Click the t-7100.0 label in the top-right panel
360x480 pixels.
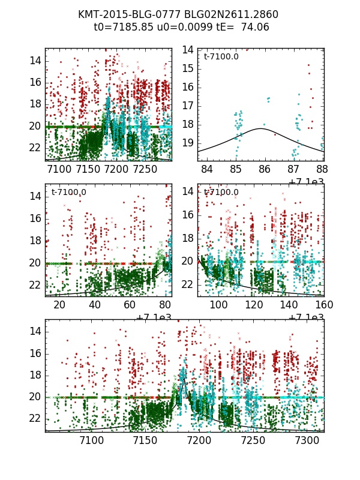(x=221, y=57)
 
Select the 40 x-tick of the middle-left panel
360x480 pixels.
(x=95, y=305)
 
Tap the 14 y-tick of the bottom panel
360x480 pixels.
(x=36, y=331)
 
